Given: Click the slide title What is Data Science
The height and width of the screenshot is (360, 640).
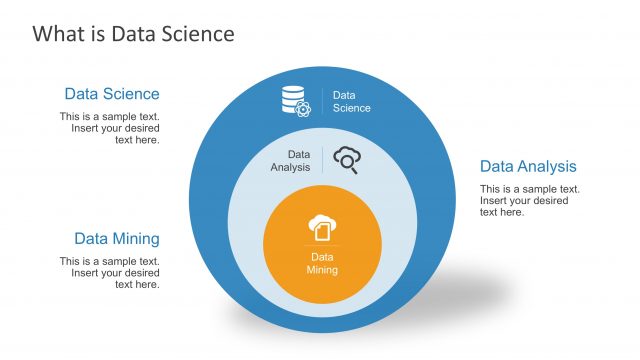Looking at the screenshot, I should [x=133, y=34].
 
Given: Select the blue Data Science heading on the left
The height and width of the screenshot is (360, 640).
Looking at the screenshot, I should [x=111, y=94].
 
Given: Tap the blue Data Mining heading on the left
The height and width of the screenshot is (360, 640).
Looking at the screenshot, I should [x=116, y=239].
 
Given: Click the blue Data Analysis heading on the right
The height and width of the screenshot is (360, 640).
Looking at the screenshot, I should [x=528, y=166].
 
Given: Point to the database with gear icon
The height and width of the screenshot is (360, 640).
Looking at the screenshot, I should [x=295, y=100].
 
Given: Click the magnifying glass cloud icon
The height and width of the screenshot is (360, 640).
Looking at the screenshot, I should [x=346, y=160].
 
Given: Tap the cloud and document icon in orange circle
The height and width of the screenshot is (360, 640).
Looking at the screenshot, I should [x=321, y=227].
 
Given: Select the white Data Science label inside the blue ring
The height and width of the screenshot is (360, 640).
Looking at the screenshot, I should [x=351, y=102].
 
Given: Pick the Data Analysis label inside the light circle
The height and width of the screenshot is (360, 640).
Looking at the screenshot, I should [x=291, y=161].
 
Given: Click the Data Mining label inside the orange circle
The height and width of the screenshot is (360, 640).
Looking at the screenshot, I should [x=322, y=264].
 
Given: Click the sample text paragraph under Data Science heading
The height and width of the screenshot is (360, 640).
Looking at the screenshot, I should [x=109, y=128].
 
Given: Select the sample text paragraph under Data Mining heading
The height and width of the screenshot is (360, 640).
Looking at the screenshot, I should [x=109, y=273].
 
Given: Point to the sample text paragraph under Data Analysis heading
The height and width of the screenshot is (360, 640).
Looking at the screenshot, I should [x=529, y=200].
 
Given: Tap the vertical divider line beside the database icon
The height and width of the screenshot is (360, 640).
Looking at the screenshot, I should [x=322, y=101].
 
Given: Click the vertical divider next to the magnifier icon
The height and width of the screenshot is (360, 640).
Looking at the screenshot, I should [x=322, y=160].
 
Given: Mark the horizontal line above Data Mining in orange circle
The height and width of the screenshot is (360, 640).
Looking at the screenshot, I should [x=322, y=246].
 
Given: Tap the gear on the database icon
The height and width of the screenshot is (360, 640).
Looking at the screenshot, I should [x=303, y=107].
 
